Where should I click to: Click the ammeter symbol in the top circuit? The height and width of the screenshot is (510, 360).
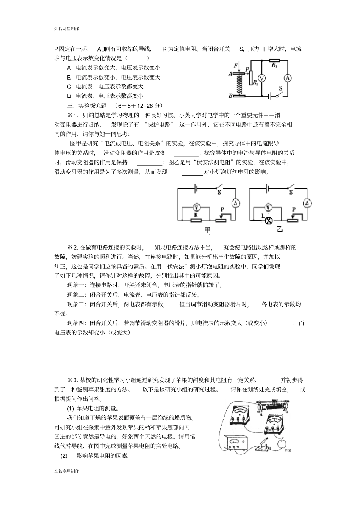point(288,78)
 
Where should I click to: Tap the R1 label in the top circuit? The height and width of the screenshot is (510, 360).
point(274,65)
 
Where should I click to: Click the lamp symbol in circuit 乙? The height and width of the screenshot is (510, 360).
point(269,221)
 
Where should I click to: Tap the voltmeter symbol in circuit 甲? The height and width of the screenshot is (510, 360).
point(196,207)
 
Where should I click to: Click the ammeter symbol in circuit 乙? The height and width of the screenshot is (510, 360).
point(307,204)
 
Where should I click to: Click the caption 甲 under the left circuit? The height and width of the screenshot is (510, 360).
point(208,230)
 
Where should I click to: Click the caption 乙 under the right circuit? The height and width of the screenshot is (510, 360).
point(280,229)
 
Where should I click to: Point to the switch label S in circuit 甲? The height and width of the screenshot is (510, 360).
point(219,192)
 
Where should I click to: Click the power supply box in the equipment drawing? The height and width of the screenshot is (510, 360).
point(236,443)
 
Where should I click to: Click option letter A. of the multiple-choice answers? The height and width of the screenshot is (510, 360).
point(69,68)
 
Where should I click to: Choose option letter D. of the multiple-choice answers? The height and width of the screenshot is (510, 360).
point(69,96)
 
